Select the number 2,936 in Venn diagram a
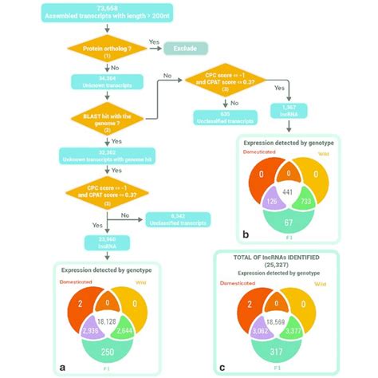pos(80,329)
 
